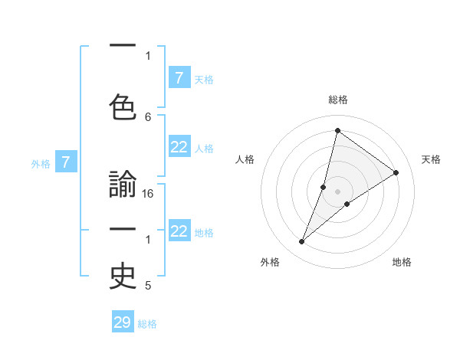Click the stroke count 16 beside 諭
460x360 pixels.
(148, 195)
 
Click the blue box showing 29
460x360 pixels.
(123, 322)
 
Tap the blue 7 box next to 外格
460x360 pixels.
(66, 162)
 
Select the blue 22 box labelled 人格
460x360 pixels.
(179, 148)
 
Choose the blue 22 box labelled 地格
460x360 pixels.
(179, 231)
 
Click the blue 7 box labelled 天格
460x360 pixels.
(179, 77)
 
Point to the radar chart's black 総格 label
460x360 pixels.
(338, 100)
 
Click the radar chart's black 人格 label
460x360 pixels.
(245, 159)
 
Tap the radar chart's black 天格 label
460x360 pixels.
(432, 159)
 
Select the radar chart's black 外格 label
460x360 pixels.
(270, 262)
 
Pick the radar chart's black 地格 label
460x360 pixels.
(402, 262)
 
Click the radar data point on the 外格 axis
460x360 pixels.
(301, 242)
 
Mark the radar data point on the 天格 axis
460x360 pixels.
(396, 172)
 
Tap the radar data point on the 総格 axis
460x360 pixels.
(337, 130)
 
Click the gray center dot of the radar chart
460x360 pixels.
(337, 191)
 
